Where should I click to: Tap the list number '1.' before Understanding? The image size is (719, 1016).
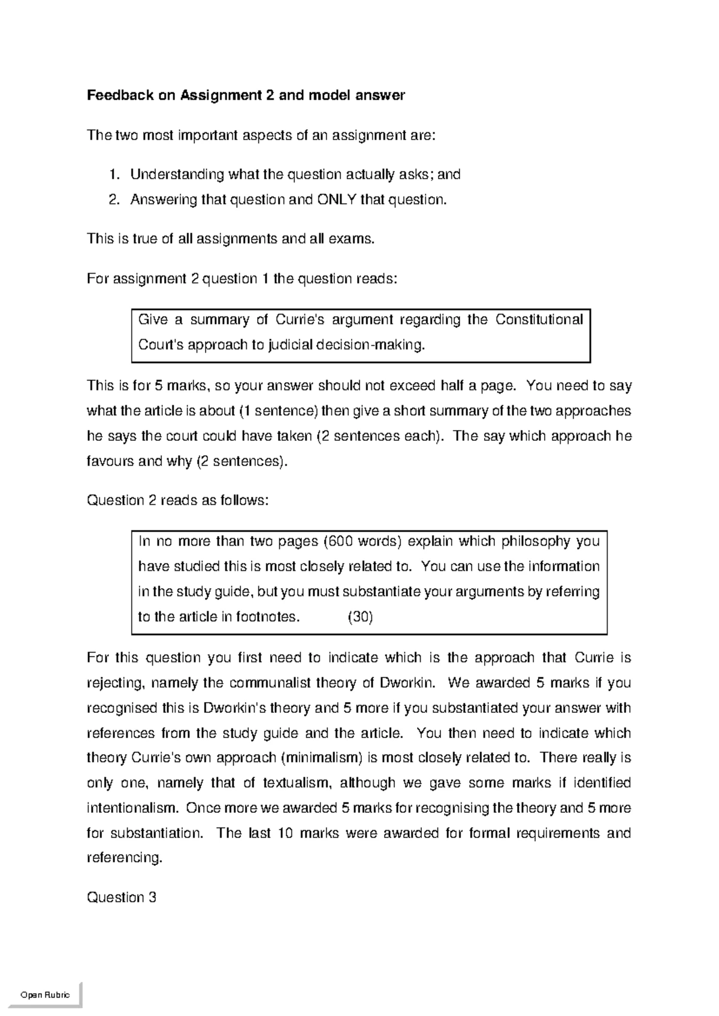point(114,175)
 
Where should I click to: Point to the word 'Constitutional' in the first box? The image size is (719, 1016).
point(539,320)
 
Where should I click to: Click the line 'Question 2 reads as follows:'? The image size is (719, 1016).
point(177,501)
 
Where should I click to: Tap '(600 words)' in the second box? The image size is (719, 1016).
point(362,542)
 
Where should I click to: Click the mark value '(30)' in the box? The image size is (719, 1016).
point(360,618)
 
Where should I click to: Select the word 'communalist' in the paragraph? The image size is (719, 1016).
point(270,684)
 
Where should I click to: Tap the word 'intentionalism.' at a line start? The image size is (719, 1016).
point(132,809)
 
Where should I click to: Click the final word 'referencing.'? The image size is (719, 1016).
point(125,858)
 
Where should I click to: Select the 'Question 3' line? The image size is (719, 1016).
point(122,898)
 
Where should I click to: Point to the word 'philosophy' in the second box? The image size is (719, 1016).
point(536,542)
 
